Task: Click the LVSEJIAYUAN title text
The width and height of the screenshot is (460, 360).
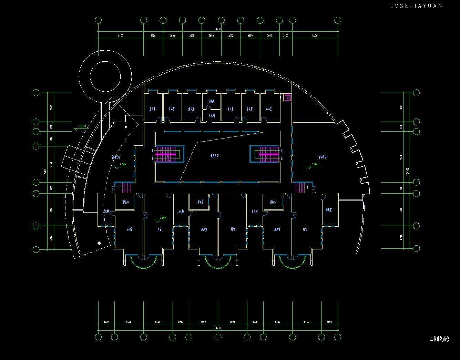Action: (416, 6)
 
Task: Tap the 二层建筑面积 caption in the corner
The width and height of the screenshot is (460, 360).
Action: (439, 339)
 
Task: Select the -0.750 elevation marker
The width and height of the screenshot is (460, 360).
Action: (82, 126)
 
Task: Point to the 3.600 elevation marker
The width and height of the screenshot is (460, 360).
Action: (162, 218)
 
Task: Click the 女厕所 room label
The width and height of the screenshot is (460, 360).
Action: (211, 101)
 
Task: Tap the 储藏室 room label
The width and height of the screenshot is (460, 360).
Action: (328, 209)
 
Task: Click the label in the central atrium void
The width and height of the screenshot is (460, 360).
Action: (215, 156)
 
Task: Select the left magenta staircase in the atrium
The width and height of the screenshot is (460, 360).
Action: (167, 155)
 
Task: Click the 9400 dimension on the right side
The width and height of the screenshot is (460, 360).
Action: (401, 157)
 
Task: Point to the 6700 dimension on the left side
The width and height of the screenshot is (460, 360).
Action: (51, 164)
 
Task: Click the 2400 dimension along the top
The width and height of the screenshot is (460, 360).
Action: (286, 36)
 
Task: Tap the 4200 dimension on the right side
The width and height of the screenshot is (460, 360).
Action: (401, 237)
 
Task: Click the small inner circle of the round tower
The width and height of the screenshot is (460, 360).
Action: (105, 76)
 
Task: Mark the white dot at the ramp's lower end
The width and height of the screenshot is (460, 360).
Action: (99, 243)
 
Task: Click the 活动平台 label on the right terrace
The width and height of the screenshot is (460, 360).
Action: (322, 157)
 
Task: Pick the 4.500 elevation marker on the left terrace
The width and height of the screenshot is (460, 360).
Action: (122, 165)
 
